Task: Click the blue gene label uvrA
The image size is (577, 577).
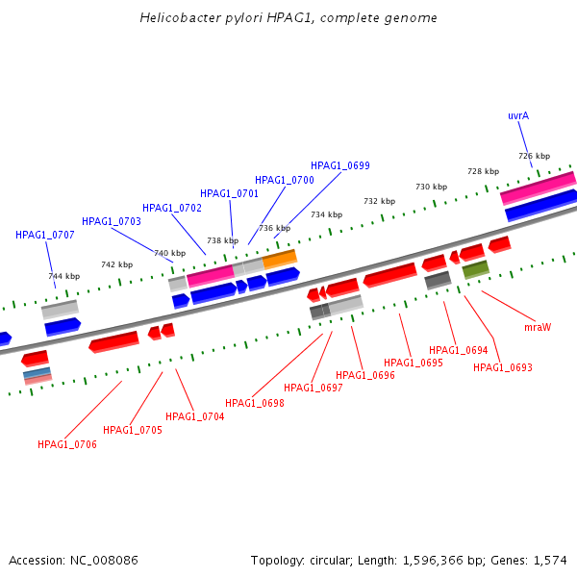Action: [518, 115]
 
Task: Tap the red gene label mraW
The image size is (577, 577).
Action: [538, 327]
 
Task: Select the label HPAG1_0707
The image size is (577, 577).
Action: [45, 235]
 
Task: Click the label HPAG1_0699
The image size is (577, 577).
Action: [339, 165]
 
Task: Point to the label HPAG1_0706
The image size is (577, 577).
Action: [67, 444]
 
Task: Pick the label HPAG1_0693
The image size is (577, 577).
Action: [502, 367]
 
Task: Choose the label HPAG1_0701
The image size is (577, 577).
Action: [230, 193]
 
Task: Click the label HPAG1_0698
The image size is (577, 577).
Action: [255, 403]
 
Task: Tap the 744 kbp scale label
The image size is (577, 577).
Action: [64, 276]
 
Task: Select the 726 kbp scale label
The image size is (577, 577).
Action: [534, 156]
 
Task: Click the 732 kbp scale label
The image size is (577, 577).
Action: [379, 201]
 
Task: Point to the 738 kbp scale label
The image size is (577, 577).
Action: [222, 240]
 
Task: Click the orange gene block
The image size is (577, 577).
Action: [280, 259]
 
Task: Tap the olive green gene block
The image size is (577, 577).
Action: [475, 269]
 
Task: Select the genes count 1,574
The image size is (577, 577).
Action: [550, 560]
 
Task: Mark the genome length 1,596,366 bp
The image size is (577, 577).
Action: [444, 560]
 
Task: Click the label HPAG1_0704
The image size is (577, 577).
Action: [195, 416]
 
